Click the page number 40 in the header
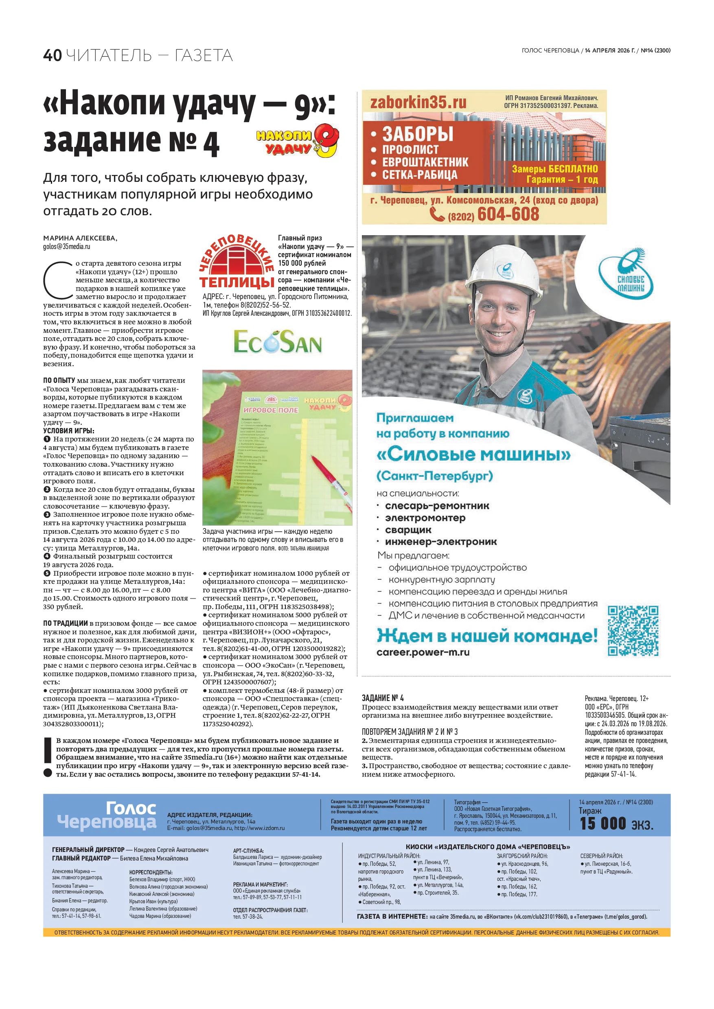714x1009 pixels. tap(53, 56)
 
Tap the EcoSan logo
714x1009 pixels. tap(278, 342)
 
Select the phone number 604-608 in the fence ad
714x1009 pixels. tap(508, 214)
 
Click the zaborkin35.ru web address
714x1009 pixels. tap(418, 103)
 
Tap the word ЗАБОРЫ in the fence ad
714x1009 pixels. tap(417, 133)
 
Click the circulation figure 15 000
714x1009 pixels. tap(602, 823)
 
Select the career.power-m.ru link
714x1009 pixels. tap(423, 653)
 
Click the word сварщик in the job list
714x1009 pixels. tap(408, 530)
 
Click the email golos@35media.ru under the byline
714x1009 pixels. tap(66, 247)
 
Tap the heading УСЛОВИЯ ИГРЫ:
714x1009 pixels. tap(68, 431)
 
